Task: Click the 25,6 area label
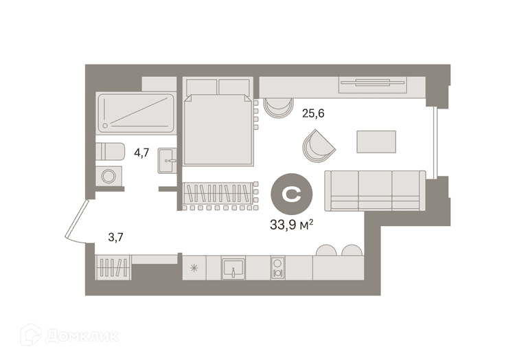[x=313, y=113]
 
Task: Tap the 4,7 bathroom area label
[x=141, y=153]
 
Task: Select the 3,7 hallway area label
[x=115, y=237]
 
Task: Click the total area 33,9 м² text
[x=291, y=225]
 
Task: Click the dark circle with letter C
[x=292, y=194]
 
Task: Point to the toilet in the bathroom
[x=110, y=152]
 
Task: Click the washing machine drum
[x=108, y=177]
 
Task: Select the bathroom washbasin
[x=168, y=161]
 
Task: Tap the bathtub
[x=136, y=113]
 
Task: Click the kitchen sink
[x=233, y=268]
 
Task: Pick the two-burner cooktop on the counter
[x=278, y=268]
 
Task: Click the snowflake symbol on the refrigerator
[x=194, y=269]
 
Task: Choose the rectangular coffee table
[x=376, y=142]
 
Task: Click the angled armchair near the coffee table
[x=318, y=146]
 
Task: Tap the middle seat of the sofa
[x=375, y=190]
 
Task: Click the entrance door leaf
[x=76, y=218]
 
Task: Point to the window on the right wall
[x=435, y=142]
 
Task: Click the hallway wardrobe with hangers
[x=113, y=267]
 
